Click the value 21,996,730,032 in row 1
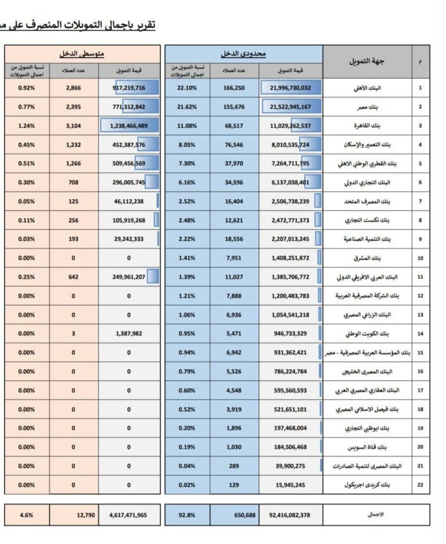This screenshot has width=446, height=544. click(290, 88)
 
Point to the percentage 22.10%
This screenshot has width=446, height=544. click(187, 88)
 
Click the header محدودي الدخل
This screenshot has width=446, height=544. click(243, 54)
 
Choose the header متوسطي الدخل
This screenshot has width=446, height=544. click(82, 54)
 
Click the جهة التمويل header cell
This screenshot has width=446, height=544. click(366, 61)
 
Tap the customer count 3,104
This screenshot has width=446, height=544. click(73, 125)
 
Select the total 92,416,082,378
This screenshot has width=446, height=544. click(290, 514)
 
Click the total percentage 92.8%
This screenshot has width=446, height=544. click(187, 514)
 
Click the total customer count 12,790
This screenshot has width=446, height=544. click(73, 514)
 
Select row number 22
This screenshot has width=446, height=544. click(420, 484)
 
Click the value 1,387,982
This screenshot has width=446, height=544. click(129, 333)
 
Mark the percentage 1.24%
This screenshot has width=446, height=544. click(27, 125)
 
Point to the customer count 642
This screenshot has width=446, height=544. click(73, 277)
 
